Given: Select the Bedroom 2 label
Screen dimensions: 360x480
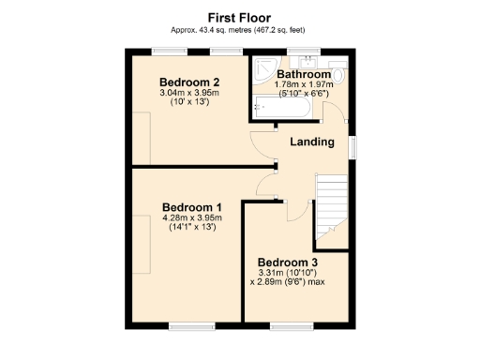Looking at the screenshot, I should click(x=188, y=81).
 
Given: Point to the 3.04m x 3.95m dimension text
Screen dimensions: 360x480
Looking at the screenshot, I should click(x=188, y=93).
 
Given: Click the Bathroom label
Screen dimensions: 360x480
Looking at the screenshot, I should click(x=303, y=74).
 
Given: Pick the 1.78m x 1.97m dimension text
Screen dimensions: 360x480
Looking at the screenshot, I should click(x=303, y=84).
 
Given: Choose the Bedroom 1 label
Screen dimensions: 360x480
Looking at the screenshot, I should click(x=192, y=207).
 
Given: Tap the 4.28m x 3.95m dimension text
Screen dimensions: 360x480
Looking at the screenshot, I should click(x=191, y=218).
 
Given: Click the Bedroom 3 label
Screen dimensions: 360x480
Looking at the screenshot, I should click(x=288, y=262).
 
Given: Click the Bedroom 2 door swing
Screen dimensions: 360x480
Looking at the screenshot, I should click(x=263, y=147).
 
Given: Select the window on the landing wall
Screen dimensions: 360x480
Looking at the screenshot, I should click(x=353, y=146).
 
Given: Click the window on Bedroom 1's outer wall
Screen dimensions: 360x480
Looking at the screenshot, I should click(x=186, y=325).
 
